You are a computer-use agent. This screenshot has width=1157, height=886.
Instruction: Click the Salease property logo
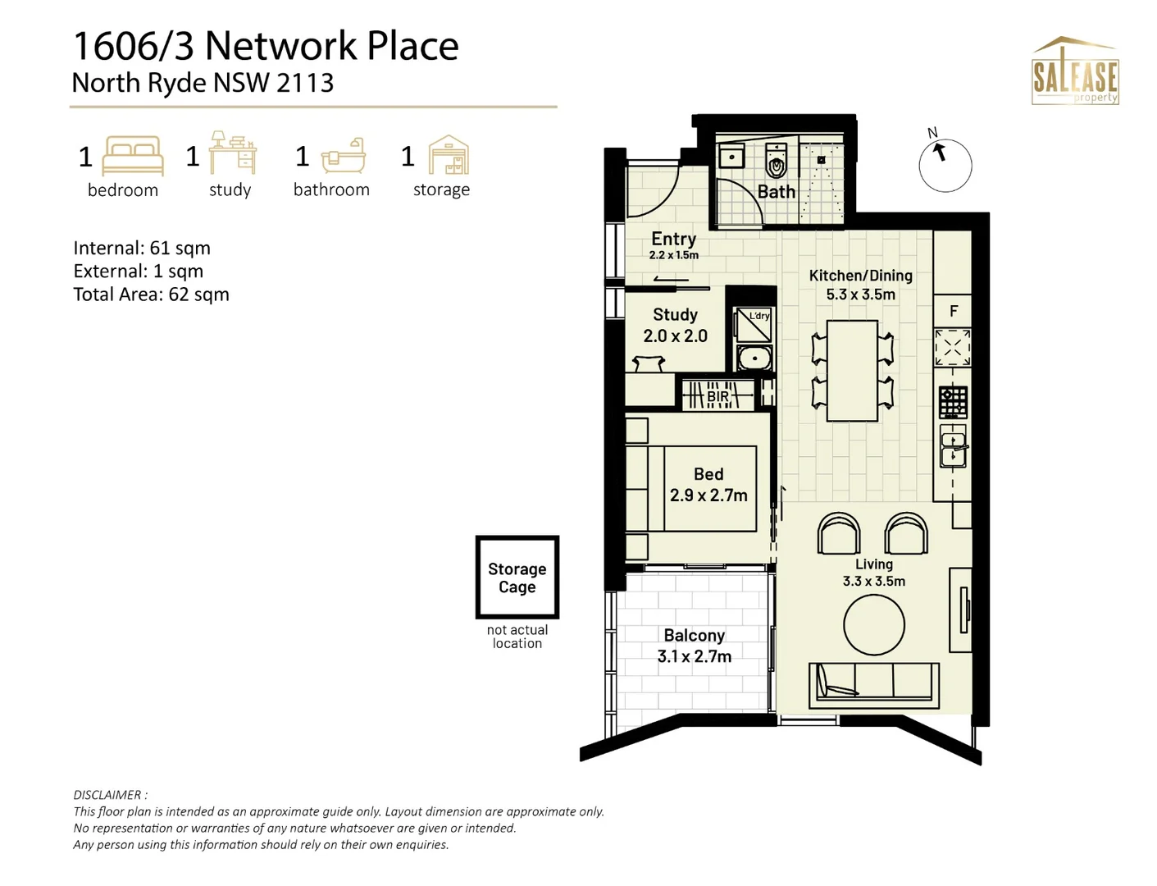(x=1075, y=71)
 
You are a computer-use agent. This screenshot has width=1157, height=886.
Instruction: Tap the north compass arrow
(x=939, y=153)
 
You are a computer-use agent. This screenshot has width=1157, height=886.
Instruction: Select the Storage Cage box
(x=517, y=577)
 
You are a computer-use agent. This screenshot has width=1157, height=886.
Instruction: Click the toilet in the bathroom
(x=776, y=160)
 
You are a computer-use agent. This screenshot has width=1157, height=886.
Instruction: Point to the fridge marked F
(x=953, y=311)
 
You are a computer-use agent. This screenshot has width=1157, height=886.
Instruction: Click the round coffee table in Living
(x=873, y=625)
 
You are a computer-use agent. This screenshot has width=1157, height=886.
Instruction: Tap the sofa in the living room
(x=874, y=686)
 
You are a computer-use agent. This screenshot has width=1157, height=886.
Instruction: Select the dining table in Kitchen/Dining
(x=852, y=371)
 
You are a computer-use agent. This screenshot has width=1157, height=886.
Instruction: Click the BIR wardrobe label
(x=717, y=395)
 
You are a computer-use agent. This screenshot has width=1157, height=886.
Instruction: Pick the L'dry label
(x=759, y=316)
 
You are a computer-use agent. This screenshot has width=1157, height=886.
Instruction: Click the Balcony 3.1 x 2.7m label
(x=695, y=646)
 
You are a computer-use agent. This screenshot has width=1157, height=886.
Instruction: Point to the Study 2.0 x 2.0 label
(x=675, y=325)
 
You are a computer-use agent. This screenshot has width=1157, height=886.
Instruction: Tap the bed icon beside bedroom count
(x=133, y=156)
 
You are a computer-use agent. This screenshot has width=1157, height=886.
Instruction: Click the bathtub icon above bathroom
(x=343, y=156)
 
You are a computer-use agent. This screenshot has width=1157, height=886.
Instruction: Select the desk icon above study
(x=232, y=153)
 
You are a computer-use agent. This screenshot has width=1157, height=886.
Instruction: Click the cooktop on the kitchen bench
(x=953, y=402)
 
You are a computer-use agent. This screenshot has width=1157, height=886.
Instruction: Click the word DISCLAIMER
(x=108, y=795)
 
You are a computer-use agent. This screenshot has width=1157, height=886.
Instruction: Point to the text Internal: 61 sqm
(x=142, y=248)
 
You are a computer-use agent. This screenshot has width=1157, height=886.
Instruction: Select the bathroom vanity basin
(x=731, y=156)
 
